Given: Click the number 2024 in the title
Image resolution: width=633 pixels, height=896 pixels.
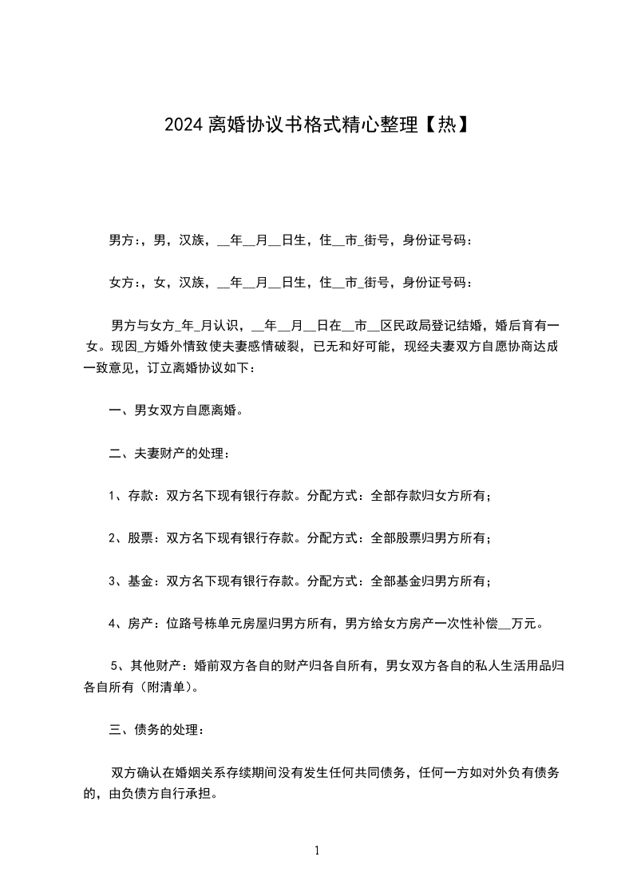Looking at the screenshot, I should tap(184, 125).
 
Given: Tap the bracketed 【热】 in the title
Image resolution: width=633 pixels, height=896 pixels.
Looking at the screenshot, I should tap(443, 125).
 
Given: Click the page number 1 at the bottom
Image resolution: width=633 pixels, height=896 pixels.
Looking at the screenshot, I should tap(317, 850).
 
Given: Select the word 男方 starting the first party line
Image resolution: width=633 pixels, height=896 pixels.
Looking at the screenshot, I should tap(121, 240).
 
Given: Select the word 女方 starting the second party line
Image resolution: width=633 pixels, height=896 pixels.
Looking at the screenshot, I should tap(121, 282).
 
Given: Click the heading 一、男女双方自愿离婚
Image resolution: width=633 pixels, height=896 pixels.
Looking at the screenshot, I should tap(176, 411).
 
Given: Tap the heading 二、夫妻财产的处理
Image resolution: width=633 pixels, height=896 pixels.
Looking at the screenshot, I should tap(169, 454).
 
